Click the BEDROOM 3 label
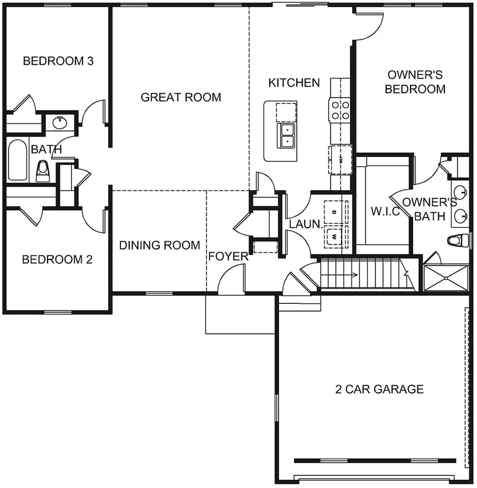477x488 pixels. click(x=58, y=61)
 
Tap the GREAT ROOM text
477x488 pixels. click(x=181, y=98)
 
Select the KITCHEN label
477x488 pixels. click(x=294, y=83)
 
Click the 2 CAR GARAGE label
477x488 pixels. click(x=379, y=389)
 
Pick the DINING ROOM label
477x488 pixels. click(x=160, y=245)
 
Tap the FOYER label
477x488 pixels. click(x=228, y=256)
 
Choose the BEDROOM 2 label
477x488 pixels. click(x=57, y=260)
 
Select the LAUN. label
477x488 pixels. click(x=305, y=225)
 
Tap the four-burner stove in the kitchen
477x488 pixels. click(x=340, y=109)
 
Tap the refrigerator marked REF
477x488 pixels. click(x=340, y=160)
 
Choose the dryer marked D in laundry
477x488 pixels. click(x=335, y=212)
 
